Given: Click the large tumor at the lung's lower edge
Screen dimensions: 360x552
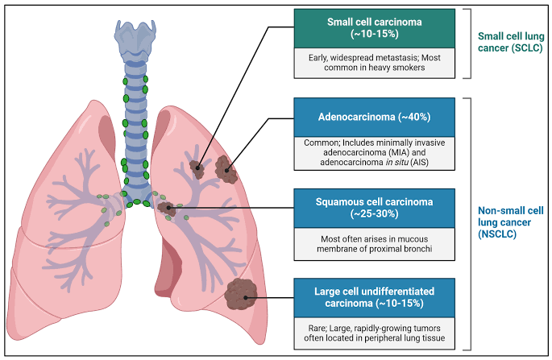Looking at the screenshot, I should coord(242,294).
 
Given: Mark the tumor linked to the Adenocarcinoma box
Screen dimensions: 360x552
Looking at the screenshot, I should coord(226,168).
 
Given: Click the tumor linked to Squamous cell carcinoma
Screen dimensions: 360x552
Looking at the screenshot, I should coord(167,209).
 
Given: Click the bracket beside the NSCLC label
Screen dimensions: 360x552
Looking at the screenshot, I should coord(464,222).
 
